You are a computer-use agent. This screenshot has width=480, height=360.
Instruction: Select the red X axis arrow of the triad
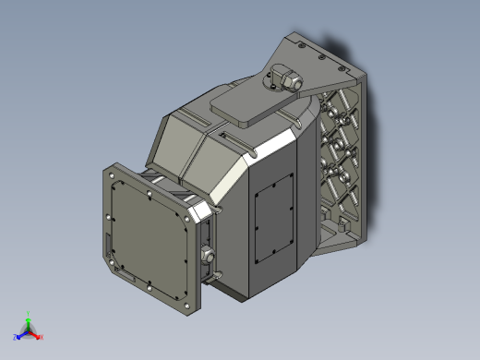point(38,336)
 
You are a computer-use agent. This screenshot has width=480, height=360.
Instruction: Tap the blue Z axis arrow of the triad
point(19,337)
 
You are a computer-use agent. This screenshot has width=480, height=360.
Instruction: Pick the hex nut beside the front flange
point(207,253)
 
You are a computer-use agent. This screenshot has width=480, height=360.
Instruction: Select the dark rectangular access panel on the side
point(274,222)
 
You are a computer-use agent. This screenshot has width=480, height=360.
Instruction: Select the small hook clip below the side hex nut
point(216,274)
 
